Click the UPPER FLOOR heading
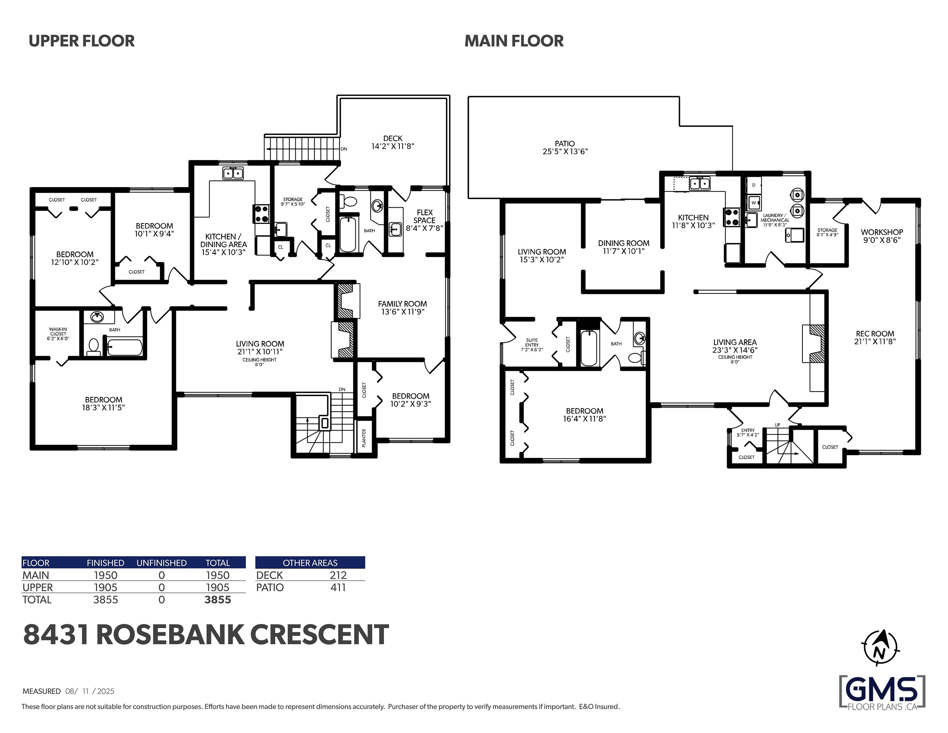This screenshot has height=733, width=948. click(82, 41)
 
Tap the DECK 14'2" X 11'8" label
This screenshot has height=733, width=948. click(392, 142)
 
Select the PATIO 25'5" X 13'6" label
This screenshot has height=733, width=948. click(565, 147)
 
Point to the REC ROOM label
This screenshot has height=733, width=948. click(875, 337)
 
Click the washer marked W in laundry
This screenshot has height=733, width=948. click(754, 202)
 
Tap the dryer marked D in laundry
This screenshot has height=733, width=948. click(754, 185)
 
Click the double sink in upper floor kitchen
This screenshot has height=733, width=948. click(233, 173)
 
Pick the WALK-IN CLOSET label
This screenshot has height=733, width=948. click(58, 334)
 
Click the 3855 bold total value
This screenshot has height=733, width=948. click(217, 600)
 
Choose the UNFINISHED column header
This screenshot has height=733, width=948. click(161, 563)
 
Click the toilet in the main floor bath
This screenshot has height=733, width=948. click(635, 358)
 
